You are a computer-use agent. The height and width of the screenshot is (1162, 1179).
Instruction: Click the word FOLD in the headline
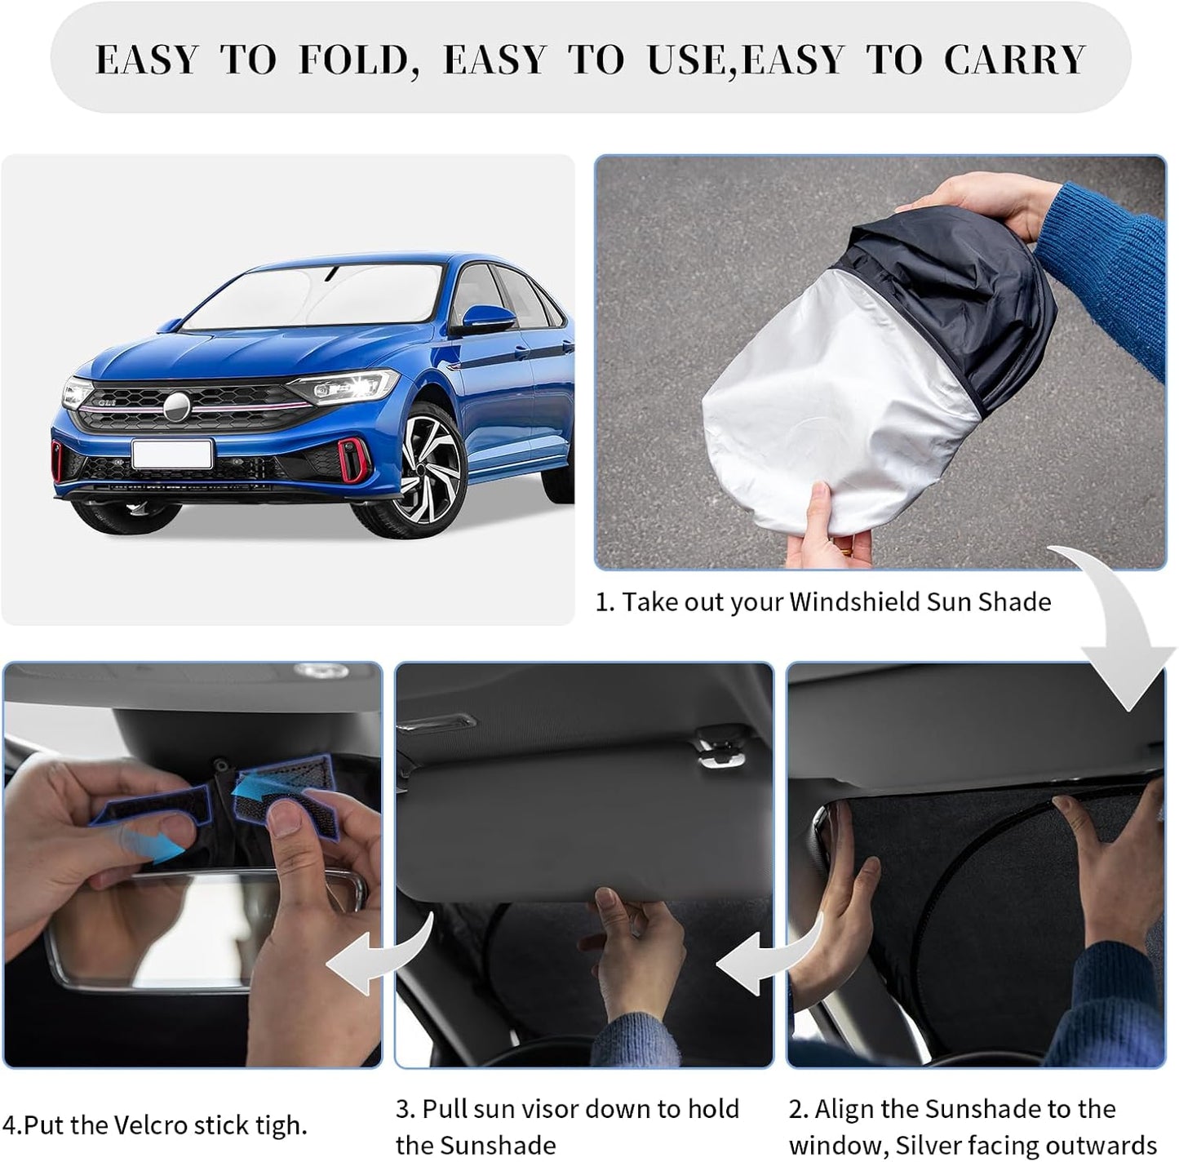(x=352, y=60)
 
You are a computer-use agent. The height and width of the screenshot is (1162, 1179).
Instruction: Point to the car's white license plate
(x=172, y=454)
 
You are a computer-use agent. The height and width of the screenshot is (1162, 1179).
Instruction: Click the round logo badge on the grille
(x=176, y=406)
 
